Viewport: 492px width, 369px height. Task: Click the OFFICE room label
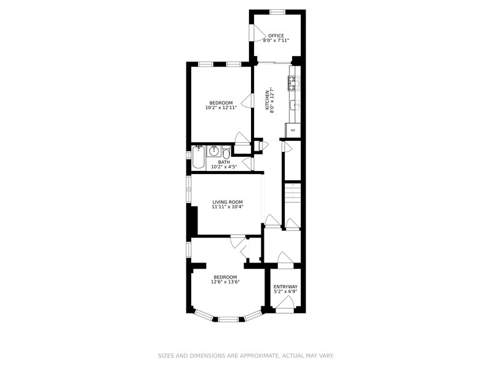coord(276,36)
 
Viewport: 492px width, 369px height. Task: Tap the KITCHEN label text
coord(268,100)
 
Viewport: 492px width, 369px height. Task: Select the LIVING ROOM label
coord(228,202)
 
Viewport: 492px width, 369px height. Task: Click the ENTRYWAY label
coord(285,287)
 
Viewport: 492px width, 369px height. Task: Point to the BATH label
coord(224,162)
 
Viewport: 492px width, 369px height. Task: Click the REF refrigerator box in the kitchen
coord(293,130)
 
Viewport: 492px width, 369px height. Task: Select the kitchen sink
coord(295,105)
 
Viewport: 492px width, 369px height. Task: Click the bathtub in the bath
coord(198,157)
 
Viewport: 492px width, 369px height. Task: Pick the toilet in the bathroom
coord(226,153)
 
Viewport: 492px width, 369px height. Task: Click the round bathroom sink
coord(214,151)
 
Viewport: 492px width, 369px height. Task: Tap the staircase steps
coord(293,192)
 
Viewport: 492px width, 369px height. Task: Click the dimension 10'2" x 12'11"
coord(221,108)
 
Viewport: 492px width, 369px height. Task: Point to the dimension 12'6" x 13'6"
coord(225,282)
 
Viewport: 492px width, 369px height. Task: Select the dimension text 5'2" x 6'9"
coord(285,292)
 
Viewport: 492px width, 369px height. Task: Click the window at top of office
coord(278,12)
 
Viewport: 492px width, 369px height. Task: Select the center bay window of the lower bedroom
coord(228,320)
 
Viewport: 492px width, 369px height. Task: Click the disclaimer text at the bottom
coord(245,356)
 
